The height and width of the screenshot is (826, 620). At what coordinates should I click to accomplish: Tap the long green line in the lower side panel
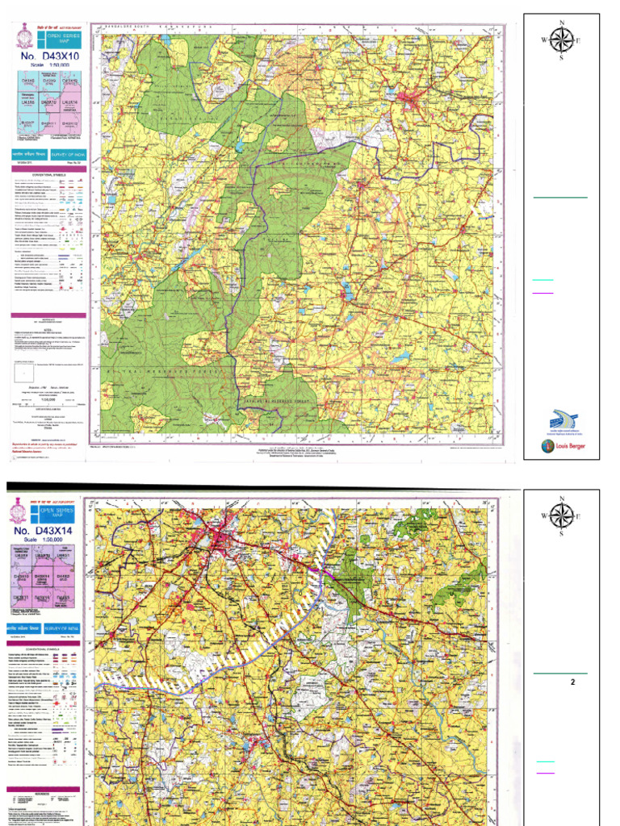click(x=559, y=673)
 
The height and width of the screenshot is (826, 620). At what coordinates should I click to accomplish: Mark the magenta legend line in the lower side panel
click(x=545, y=772)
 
